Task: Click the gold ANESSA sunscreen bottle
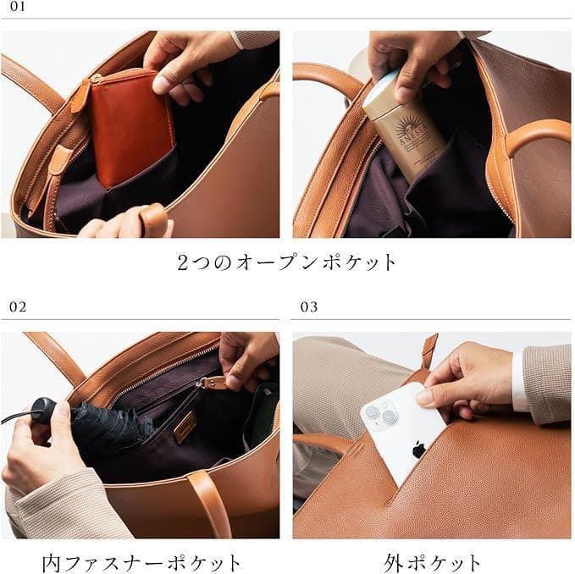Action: click(406, 127)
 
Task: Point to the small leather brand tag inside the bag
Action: click(185, 428)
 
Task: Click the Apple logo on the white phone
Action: click(418, 449)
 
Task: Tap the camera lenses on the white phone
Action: click(379, 414)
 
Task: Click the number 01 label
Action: click(18, 8)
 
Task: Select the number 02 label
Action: click(18, 306)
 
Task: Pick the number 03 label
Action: click(309, 306)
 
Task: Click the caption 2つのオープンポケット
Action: click(287, 262)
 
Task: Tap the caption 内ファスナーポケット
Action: click(141, 561)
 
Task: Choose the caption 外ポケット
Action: click(432, 561)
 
